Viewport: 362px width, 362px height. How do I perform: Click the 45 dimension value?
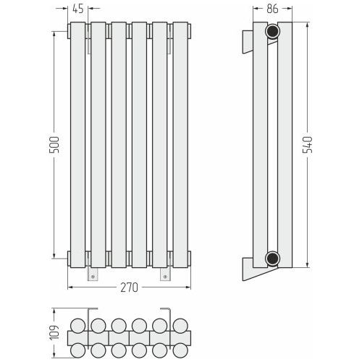coord(78,9)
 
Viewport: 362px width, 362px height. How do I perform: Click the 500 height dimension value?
coord(54,145)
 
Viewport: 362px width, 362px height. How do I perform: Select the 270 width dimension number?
coord(130,287)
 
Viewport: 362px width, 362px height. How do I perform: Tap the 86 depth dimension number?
coord(272,9)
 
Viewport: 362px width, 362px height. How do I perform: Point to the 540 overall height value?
coord(308,145)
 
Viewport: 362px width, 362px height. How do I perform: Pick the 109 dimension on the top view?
coord(54,333)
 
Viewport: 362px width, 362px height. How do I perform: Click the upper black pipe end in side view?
coord(273,31)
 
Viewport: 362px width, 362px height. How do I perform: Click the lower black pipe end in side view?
coord(273,258)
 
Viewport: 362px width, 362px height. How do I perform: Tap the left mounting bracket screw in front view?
coord(93,277)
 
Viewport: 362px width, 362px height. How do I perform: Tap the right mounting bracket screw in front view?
coord(165,277)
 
